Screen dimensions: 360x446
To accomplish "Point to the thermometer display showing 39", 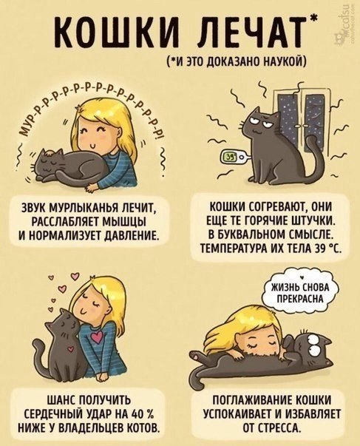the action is tap(230, 157).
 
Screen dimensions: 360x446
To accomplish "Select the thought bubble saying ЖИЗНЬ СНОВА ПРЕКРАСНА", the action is tap(300, 293).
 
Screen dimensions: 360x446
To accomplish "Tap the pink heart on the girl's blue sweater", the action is tap(97, 337).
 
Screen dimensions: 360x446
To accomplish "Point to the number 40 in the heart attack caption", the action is tap(133, 413).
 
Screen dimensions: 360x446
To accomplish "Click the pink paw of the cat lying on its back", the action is tap(196, 355).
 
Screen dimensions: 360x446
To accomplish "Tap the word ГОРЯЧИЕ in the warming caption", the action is tap(267, 221).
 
